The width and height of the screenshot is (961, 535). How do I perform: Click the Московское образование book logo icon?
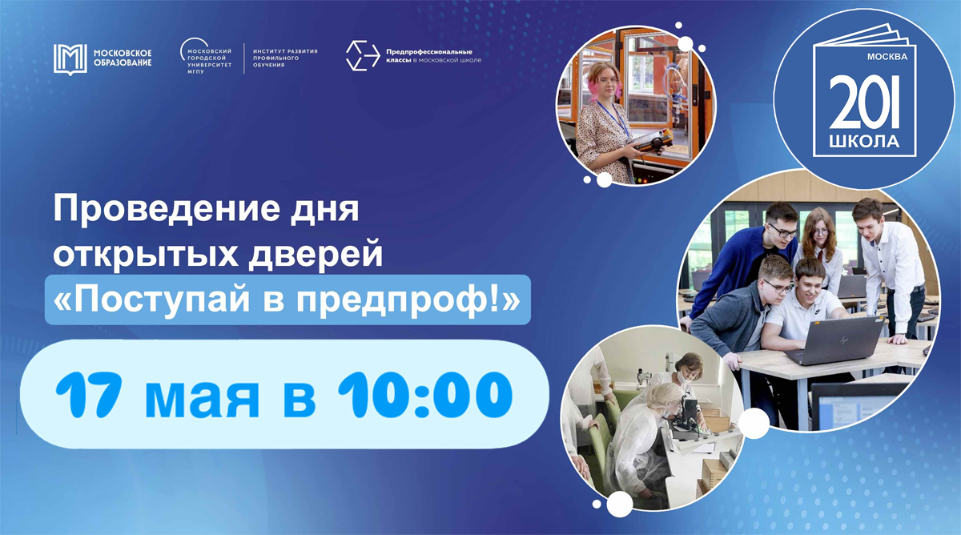click(x=70, y=59)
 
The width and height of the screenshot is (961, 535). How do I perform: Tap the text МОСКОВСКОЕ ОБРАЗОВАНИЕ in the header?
click(x=123, y=58)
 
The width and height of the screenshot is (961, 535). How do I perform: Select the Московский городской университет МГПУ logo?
click(x=206, y=56)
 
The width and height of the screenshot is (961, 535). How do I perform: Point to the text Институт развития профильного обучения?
click(x=285, y=58)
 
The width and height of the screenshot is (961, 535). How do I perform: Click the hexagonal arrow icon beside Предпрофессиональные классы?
click(x=363, y=55)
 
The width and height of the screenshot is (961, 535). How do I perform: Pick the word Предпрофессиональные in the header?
click(x=429, y=52)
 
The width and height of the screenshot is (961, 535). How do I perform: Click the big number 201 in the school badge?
click(x=864, y=101)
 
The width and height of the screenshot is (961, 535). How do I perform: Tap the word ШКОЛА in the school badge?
click(x=864, y=142)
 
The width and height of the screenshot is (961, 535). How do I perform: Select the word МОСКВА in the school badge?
click(x=887, y=57)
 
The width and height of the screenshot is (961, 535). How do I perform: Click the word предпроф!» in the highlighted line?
click(x=408, y=300)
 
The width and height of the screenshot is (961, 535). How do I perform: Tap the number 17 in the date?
click(x=87, y=394)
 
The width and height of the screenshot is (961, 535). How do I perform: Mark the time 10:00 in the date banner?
click(x=424, y=394)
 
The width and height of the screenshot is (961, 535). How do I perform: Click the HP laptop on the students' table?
click(x=834, y=340)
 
